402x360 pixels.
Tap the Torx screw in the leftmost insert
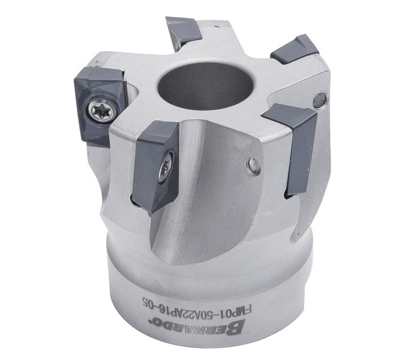[x=102, y=112]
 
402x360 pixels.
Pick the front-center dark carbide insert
[x=155, y=167]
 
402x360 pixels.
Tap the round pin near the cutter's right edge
[x=320, y=100]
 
